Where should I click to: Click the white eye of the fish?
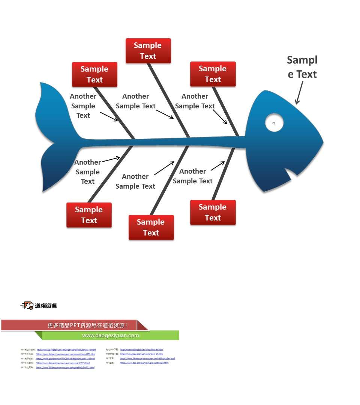pos(274,123)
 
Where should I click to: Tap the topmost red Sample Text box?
pos(148,51)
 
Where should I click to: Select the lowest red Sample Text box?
pos(151,227)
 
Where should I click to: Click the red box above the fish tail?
pos(94,74)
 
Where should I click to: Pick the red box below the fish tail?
pos(89,215)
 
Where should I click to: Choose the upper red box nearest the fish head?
pos(213,74)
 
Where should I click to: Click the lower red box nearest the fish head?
pos(213,212)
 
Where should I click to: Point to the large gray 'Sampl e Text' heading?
pos(302,67)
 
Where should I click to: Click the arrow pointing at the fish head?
pos(300,92)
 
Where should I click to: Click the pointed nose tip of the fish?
pos(322,142)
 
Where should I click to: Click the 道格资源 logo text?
pos(46,306)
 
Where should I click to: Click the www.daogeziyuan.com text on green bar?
pos(110,335)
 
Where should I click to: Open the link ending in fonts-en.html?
pos(142,349)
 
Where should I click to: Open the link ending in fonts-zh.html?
pos(142,354)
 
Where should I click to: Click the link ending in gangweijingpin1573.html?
pos(65,367)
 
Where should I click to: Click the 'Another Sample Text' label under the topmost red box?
pos(135,101)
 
